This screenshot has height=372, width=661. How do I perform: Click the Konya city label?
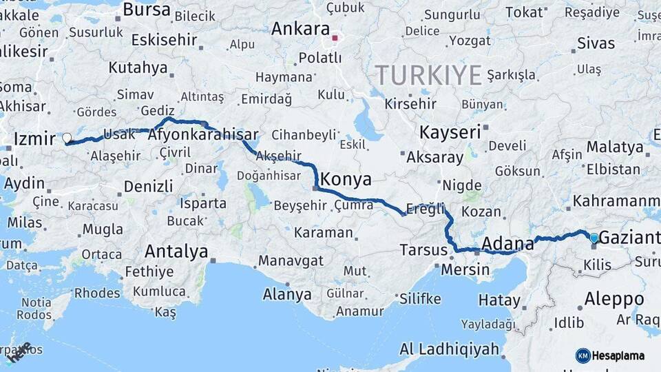[346, 180]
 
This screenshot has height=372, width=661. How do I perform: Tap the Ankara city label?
[300, 29]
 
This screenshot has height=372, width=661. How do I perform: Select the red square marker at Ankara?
[335, 38]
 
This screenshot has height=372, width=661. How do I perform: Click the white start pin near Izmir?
[67, 138]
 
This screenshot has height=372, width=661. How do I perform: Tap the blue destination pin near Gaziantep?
[594, 238]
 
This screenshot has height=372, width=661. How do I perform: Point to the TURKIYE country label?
[428, 75]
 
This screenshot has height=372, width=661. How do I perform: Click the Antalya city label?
[176, 251]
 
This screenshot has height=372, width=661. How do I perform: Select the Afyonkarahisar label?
[202, 135]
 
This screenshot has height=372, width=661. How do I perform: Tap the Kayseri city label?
[450, 132]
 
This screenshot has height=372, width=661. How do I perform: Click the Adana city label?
[508, 243]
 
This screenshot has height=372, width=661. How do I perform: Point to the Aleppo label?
[614, 299]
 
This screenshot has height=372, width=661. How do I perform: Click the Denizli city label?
[148, 186]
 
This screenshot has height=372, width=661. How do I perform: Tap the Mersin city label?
[465, 269]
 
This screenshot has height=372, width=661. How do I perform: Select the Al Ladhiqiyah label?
[449, 349]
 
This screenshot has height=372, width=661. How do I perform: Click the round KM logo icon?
[583, 355]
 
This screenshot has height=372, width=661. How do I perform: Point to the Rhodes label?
[97, 293]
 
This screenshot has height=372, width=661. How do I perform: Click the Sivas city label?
[596, 44]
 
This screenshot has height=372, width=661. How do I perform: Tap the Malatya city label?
[615, 147]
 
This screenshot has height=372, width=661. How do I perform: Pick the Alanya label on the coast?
[287, 295]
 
